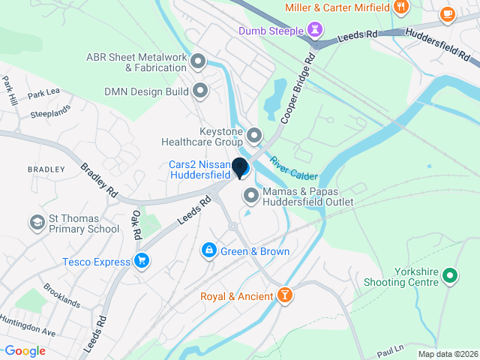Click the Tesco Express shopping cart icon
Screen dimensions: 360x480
(x=141, y=261)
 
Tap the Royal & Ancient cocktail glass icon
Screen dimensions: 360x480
(x=285, y=296)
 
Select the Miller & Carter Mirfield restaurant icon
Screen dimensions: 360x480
(x=401, y=7)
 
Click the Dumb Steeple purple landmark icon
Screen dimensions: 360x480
(x=316, y=31)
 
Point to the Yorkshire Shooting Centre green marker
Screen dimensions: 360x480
(x=450, y=275)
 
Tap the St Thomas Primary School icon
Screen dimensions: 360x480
(x=37, y=223)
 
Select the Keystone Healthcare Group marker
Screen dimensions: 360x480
(x=254, y=136)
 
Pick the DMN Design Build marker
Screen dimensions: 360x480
(x=200, y=91)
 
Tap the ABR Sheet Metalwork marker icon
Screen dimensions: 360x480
(x=198, y=61)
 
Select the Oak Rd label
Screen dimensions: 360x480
(x=136, y=223)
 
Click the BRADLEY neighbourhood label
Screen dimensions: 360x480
(x=46, y=169)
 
